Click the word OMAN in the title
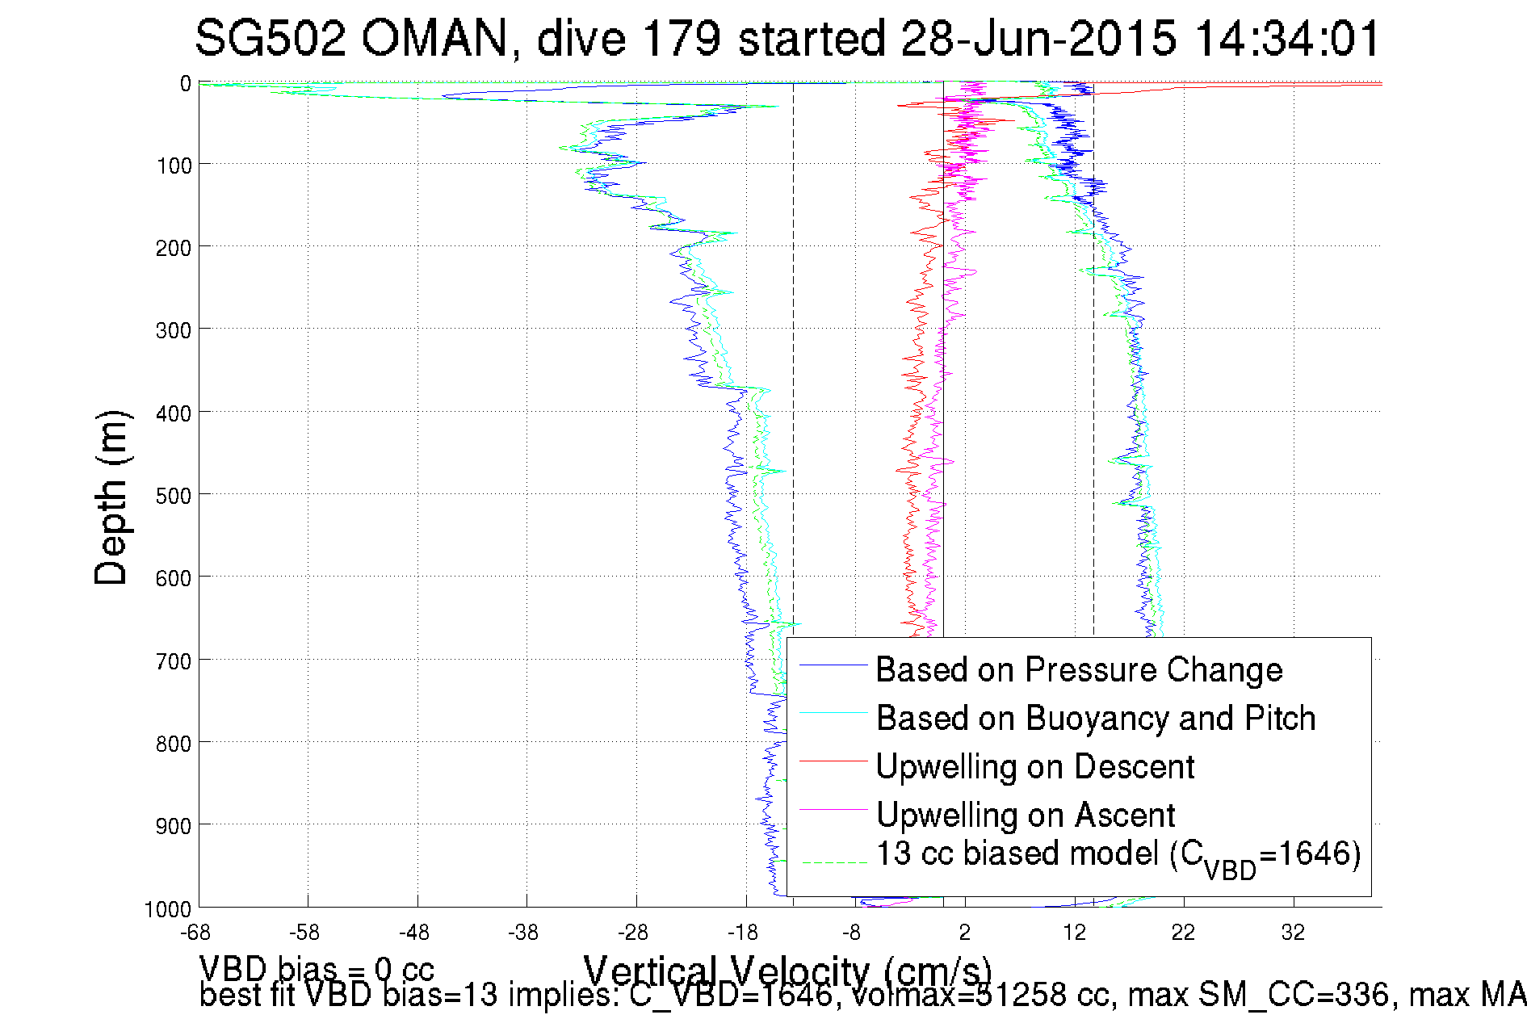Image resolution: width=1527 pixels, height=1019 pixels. [x=434, y=38]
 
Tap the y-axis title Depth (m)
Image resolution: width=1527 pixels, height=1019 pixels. [x=111, y=498]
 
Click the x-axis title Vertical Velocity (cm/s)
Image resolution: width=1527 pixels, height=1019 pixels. [x=787, y=971]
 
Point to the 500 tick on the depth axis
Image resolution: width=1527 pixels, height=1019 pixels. [x=173, y=495]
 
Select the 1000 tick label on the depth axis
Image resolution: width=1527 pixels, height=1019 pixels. [x=168, y=909]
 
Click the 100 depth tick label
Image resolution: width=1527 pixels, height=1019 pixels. [x=173, y=166]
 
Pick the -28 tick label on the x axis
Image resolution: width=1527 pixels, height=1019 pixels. [x=632, y=933]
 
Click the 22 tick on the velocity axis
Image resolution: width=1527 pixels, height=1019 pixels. [x=1183, y=933]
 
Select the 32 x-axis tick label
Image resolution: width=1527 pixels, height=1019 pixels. [x=1293, y=933]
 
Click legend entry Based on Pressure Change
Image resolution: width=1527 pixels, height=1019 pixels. [x=1079, y=670]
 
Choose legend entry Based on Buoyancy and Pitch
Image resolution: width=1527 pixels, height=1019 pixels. [x=1096, y=719]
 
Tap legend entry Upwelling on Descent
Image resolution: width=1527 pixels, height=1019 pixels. [x=1034, y=767]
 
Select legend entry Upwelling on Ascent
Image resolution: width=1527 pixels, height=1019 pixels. [x=1026, y=815]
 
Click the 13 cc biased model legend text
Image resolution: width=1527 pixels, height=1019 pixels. [x=1118, y=855]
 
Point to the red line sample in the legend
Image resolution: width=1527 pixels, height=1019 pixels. [x=833, y=761]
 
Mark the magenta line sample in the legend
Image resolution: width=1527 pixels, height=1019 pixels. [x=833, y=808]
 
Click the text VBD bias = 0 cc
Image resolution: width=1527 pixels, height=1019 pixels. [x=317, y=969]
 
